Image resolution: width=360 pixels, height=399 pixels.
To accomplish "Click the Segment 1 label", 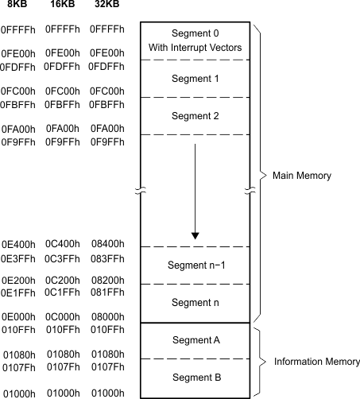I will point(195,79).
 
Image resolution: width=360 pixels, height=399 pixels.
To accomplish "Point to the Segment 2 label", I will point(195,116).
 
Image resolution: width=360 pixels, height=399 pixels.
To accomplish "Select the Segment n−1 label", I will point(195,265).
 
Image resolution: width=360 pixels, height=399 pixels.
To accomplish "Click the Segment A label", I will point(195,340).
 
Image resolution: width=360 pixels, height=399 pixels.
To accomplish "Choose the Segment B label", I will point(195,378).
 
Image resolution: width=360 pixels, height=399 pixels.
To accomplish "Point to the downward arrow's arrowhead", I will point(195,236).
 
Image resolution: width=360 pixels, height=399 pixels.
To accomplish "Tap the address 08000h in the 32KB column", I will point(107,318).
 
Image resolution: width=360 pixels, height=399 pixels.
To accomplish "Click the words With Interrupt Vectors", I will point(195,48).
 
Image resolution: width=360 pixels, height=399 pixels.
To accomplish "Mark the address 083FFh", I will point(107,258).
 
